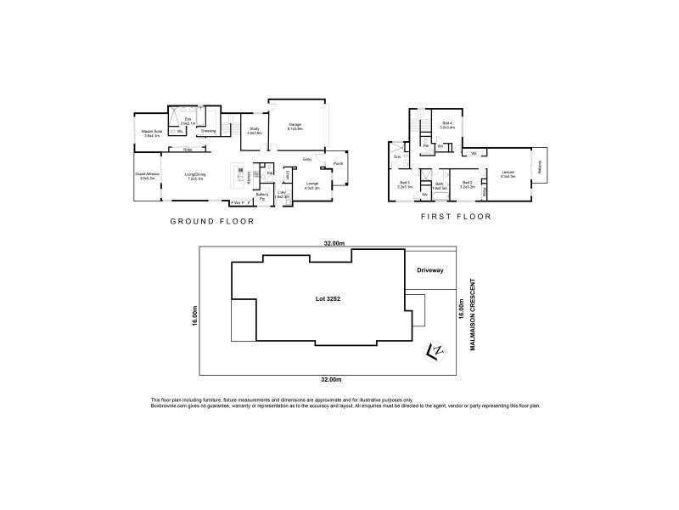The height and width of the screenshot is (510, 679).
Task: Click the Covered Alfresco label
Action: click(147, 177)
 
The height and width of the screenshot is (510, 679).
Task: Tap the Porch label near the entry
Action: click(338, 164)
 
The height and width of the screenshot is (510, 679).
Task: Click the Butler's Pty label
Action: click(263, 196)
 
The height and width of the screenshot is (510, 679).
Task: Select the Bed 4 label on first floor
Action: click(446, 125)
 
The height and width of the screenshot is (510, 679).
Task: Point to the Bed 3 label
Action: click(404, 184)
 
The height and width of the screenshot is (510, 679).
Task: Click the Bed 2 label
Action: click(467, 184)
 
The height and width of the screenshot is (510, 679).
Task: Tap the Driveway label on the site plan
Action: click(429, 269)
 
